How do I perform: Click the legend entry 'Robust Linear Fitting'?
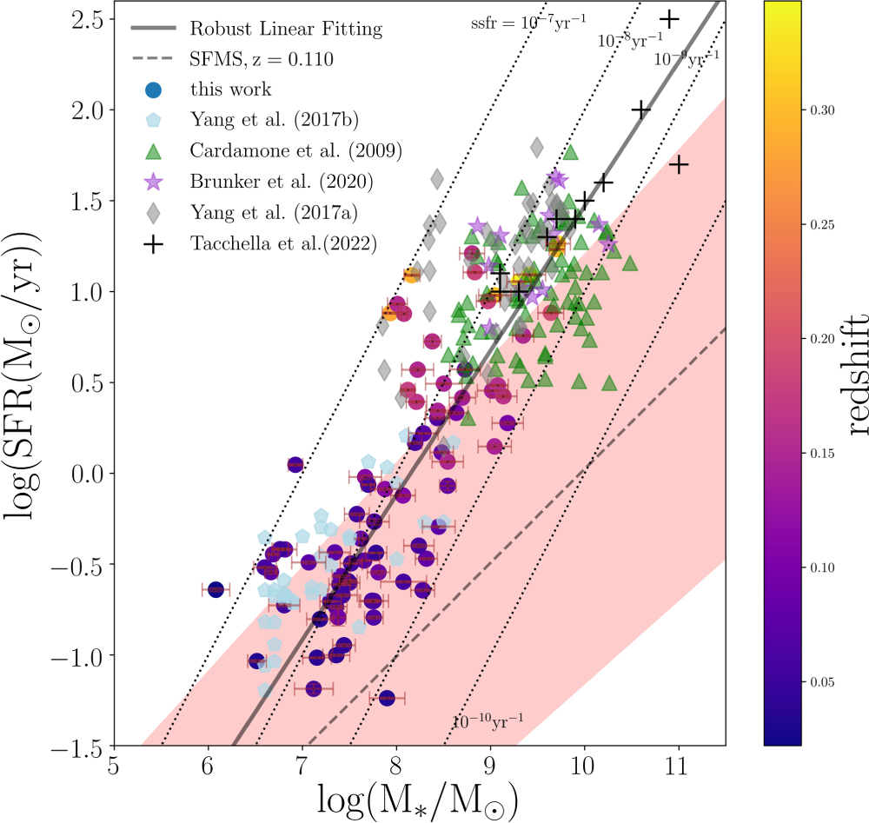point(287,30)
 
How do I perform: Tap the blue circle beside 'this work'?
point(153,90)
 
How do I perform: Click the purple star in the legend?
point(153,182)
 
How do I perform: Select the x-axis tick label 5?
point(114,767)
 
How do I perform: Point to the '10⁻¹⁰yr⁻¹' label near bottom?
point(488,720)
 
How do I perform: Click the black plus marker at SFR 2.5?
point(669,18)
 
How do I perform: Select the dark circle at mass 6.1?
point(216,589)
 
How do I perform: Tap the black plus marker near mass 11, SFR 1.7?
point(679,163)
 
